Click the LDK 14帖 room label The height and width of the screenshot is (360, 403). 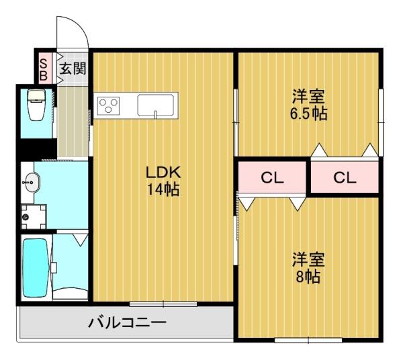[x=163, y=181]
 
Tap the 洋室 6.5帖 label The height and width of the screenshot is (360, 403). [x=308, y=105]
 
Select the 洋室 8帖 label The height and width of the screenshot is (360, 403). [x=308, y=268]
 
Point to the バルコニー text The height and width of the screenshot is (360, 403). [x=127, y=322]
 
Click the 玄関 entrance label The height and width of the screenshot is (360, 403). [x=73, y=69]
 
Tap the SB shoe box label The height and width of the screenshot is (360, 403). [x=44, y=69]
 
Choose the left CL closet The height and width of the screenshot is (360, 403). [x=272, y=177]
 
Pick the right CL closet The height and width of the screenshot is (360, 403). [x=345, y=177]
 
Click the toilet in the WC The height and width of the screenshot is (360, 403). [x=36, y=104]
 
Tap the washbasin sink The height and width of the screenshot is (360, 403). [x=32, y=182]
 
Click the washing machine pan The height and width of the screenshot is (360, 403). [x=34, y=217]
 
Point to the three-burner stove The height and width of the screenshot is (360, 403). [x=108, y=105]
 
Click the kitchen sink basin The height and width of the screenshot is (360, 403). [x=156, y=105]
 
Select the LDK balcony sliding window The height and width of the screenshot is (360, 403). [x=163, y=304]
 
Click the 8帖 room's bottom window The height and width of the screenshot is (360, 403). [x=308, y=341]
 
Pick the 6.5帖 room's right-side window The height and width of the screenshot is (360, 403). [x=381, y=122]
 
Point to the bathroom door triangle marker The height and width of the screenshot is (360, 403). [x=81, y=240]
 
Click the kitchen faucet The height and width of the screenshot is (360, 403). [x=155, y=114]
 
